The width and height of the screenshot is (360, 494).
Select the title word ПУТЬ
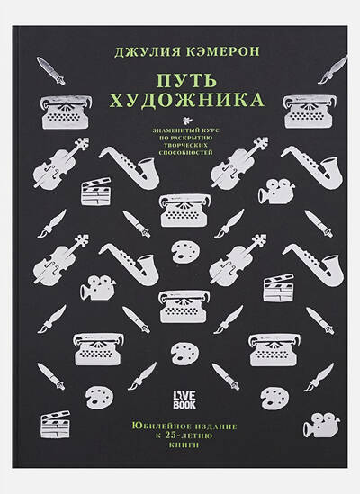click(187, 80)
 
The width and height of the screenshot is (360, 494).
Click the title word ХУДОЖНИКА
click(186, 100)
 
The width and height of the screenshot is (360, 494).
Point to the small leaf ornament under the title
click(186, 120)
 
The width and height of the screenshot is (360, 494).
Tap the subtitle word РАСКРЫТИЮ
click(193, 138)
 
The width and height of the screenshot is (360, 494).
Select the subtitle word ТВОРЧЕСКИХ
click(186, 145)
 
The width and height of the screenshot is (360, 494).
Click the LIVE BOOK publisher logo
click(184, 400)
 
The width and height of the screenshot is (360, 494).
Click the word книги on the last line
click(184, 445)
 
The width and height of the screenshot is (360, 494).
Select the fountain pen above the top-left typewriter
click(50, 71)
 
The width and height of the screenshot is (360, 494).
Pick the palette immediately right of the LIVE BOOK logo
click(274, 397)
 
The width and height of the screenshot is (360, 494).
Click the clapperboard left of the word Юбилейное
click(55, 425)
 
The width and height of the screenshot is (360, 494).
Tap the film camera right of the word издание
click(321, 425)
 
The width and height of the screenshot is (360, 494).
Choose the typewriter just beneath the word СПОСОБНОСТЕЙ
click(184, 211)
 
